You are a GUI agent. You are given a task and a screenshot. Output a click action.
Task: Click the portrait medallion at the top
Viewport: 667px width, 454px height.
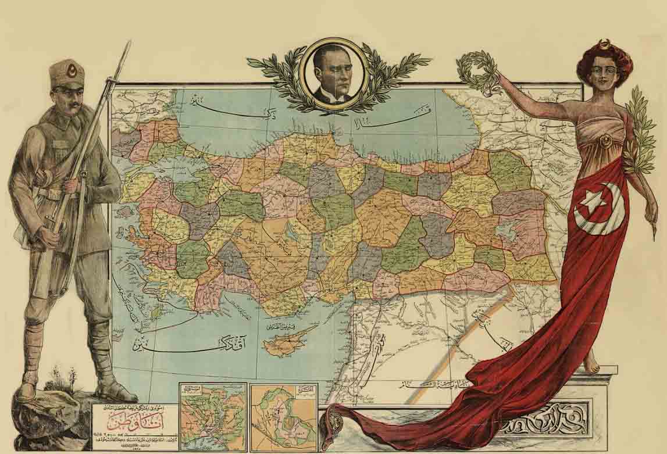point(336,73)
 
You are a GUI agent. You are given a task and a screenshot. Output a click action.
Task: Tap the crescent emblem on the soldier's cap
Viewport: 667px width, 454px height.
point(73,72)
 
